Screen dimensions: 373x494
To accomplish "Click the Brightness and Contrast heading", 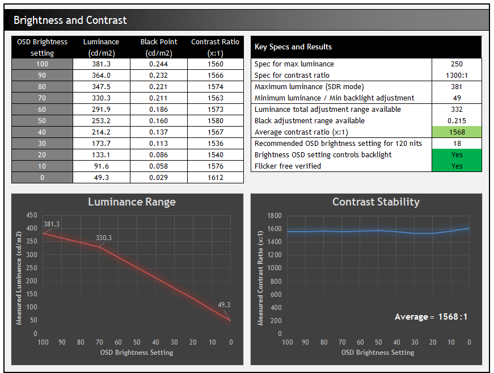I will [70, 20].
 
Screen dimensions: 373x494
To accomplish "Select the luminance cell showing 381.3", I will [101, 64].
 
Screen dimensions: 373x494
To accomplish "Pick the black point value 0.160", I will [158, 121].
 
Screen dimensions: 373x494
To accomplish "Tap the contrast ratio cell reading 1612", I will [215, 178].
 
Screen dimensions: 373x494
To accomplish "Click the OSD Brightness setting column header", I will [42, 47].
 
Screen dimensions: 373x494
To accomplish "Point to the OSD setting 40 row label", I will [42, 132].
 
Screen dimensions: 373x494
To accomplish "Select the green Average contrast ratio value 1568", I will [457, 132].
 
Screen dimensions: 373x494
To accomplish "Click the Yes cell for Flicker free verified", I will [457, 166].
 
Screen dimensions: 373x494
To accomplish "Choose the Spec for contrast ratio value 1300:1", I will [457, 76].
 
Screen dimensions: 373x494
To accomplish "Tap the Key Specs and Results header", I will [293, 47].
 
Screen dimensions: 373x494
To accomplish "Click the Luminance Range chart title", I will [132, 202].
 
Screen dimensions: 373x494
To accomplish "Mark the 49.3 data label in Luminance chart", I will [224, 305].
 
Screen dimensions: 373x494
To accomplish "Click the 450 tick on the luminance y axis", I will [32, 216].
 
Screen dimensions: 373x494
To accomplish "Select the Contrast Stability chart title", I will [375, 202].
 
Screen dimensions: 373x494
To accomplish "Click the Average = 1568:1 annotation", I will [431, 317].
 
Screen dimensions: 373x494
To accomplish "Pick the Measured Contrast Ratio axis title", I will [260, 278].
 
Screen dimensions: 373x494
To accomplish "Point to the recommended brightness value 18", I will [457, 144].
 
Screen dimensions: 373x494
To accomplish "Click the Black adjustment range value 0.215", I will [457, 121].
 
